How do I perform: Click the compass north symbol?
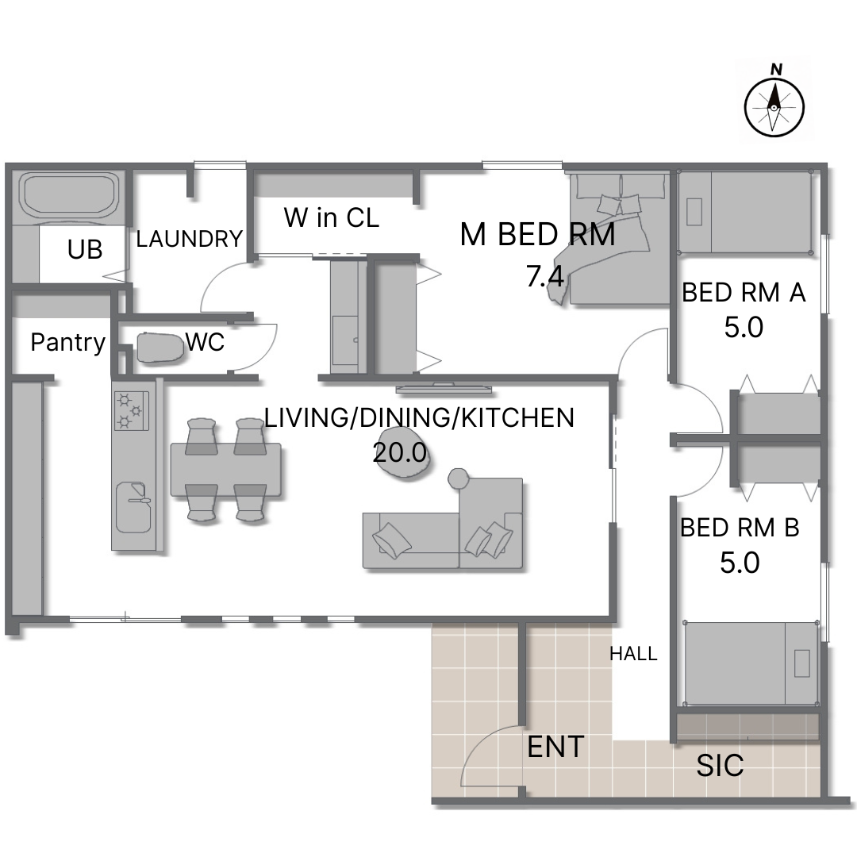click(x=774, y=103)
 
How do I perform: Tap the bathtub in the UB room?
click(x=69, y=197)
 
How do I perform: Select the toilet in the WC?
click(x=159, y=348)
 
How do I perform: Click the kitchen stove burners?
click(x=131, y=410)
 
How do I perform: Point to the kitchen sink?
click(x=133, y=507)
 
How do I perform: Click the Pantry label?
click(x=67, y=343)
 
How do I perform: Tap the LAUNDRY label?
click(x=189, y=239)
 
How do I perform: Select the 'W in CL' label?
click(x=331, y=217)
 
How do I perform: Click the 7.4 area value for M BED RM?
click(x=545, y=275)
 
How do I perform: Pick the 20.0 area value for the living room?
click(x=399, y=452)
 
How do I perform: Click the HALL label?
click(x=633, y=654)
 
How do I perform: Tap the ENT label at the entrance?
click(x=555, y=747)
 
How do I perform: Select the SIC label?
click(x=720, y=765)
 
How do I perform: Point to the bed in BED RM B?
click(x=751, y=663)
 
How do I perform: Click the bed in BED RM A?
click(x=744, y=212)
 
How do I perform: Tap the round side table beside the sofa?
click(x=459, y=478)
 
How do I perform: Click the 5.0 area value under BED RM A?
click(x=744, y=328)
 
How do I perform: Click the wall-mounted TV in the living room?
click(x=444, y=389)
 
